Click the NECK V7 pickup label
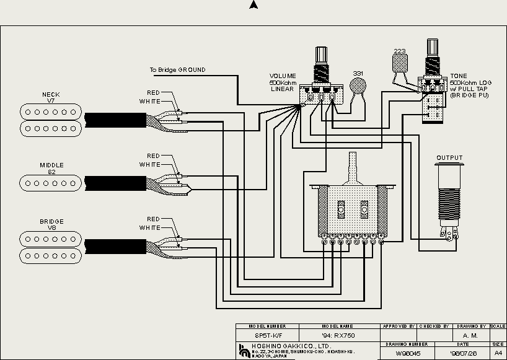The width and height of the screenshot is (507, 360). [51, 97]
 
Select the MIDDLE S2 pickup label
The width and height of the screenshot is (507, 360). [51, 168]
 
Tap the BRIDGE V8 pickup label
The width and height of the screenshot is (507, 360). [51, 224]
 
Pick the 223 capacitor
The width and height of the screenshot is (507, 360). [400, 62]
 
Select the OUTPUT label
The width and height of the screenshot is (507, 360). [449, 157]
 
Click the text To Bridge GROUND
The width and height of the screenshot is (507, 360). [177, 70]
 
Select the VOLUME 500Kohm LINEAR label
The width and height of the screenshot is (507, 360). [282, 82]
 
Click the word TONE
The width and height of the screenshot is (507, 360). [459, 76]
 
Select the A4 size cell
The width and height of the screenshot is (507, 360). [498, 353]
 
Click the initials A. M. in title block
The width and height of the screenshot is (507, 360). [470, 335]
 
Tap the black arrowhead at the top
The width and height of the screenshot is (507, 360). [253, 5]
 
